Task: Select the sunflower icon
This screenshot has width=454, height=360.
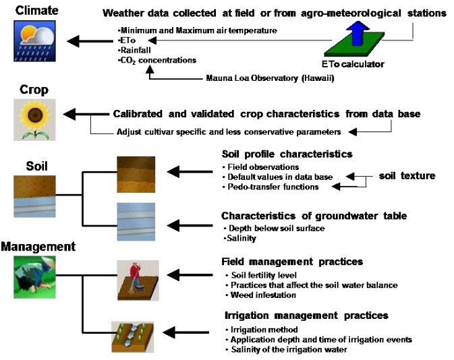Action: (x=31, y=120)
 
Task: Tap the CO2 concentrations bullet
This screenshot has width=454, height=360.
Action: (x=157, y=60)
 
